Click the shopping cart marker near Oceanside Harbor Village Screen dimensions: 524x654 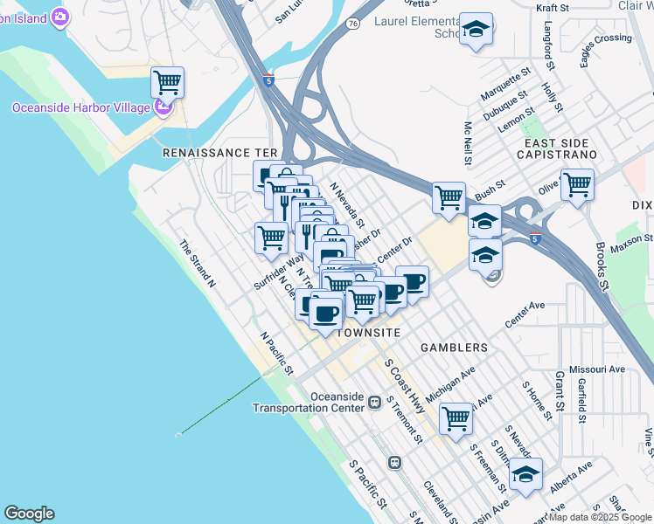click(x=167, y=84)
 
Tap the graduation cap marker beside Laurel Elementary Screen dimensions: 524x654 click(x=477, y=31)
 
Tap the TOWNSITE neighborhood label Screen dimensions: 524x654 click(x=368, y=334)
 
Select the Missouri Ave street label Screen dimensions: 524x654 click(x=597, y=369)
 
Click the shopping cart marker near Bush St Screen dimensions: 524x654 click(x=449, y=197)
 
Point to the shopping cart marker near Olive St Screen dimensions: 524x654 click(x=577, y=185)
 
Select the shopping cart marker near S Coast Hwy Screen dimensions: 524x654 click(x=456, y=419)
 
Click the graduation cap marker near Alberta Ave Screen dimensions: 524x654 click(x=525, y=474)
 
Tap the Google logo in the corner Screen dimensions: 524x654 click(x=29, y=514)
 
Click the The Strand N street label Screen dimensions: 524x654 click(x=198, y=264)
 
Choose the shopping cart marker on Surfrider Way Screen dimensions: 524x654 click(x=272, y=237)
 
